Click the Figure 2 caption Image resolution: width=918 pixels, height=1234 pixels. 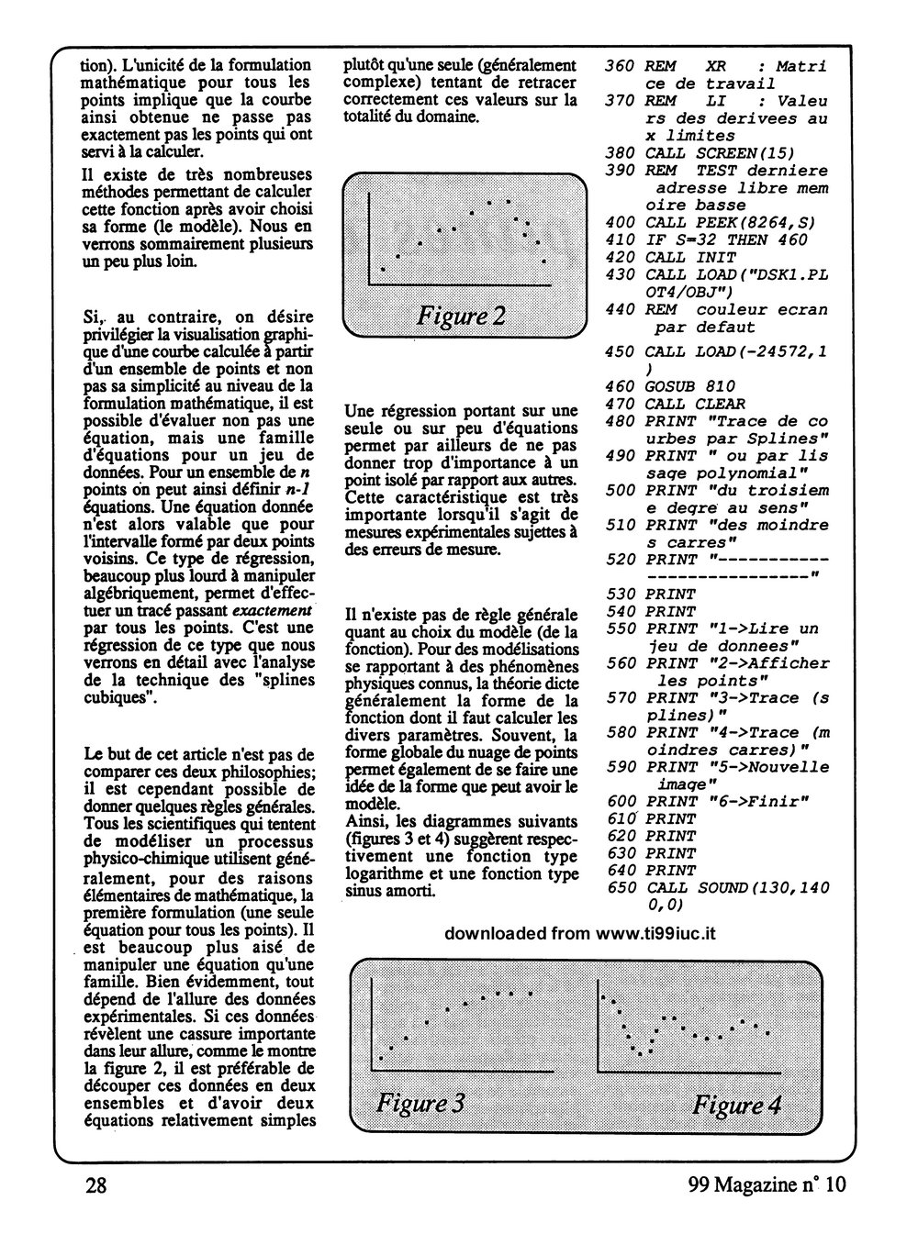pyautogui.click(x=461, y=317)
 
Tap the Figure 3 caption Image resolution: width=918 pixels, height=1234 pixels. pyautogui.click(x=420, y=1102)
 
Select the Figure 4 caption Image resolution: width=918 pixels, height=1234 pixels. pyautogui.click(x=736, y=1104)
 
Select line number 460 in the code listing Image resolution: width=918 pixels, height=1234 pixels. pyautogui.click(x=621, y=386)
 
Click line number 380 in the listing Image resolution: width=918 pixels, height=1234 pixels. pyautogui.click(x=621, y=153)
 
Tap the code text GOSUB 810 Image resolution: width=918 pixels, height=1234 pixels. pyautogui.click(x=690, y=386)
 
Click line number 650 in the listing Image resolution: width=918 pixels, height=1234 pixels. pyautogui.click(x=621, y=888)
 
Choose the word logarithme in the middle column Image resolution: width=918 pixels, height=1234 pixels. pyautogui.click(x=384, y=873)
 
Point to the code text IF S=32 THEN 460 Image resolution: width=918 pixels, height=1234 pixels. pyautogui.click(x=726, y=239)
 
